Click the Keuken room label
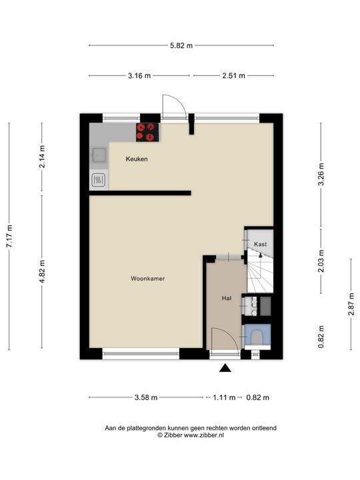click(137, 159)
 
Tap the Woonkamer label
click(148, 279)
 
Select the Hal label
click(227, 298)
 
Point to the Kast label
click(260, 244)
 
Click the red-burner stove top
click(147, 132)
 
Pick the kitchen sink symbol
click(99, 155)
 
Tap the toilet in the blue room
click(257, 337)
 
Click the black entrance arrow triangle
click(225, 368)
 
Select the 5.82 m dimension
click(181, 45)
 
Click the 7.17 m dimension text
click(9, 236)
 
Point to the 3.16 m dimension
click(139, 75)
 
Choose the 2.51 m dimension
click(233, 75)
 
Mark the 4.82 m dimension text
click(42, 271)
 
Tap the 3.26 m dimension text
click(321, 174)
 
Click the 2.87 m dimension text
click(351, 304)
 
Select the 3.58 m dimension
click(146, 397)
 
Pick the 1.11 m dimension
click(224, 397)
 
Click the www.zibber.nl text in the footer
click(203, 435)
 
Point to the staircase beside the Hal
click(260, 271)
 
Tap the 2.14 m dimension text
click(42, 157)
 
